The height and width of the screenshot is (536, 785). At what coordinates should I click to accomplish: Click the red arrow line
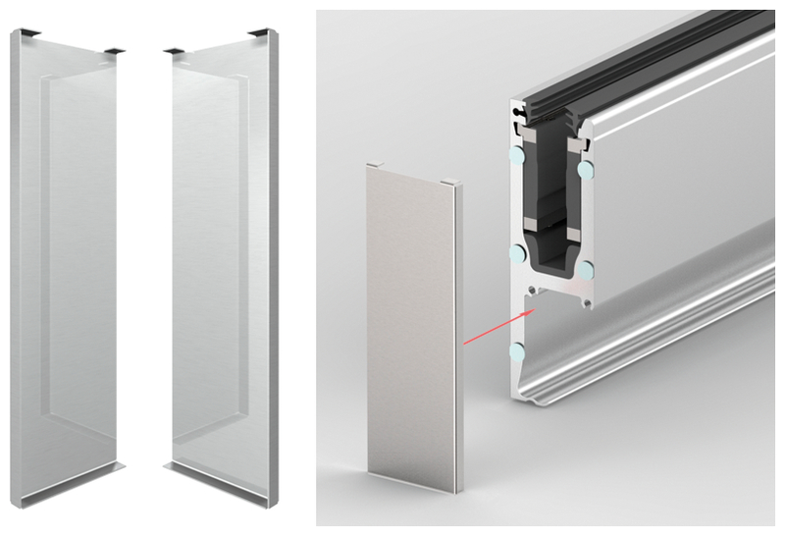point(496,327)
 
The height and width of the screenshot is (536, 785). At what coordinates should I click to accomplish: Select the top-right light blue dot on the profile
point(586,170)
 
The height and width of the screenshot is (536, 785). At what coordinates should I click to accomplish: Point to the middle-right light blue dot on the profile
point(585,267)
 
